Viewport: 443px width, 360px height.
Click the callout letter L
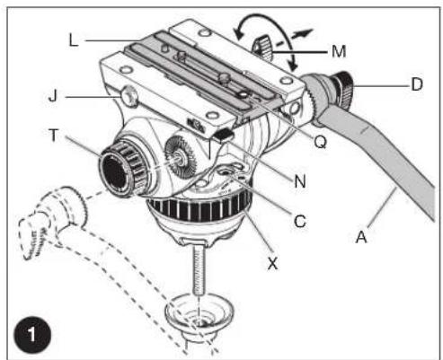(73, 40)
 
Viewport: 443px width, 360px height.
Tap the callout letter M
(339, 51)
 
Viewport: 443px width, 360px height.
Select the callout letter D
(417, 84)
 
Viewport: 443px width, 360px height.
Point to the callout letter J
(53, 96)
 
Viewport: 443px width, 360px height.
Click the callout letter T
(53, 135)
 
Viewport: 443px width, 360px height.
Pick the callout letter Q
(320, 142)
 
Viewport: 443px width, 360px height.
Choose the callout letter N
(300, 181)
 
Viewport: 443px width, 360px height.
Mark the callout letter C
(300, 222)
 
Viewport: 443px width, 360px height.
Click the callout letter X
(272, 263)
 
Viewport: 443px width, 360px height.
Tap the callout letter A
(361, 237)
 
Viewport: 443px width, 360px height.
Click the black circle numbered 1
(32, 335)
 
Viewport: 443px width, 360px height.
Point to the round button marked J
(129, 96)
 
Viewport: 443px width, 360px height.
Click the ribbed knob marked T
(121, 168)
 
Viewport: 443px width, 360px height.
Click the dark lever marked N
(225, 134)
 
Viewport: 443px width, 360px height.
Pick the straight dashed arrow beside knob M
(295, 38)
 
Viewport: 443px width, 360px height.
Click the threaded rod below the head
(199, 268)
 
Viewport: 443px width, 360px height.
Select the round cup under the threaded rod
(199, 312)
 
